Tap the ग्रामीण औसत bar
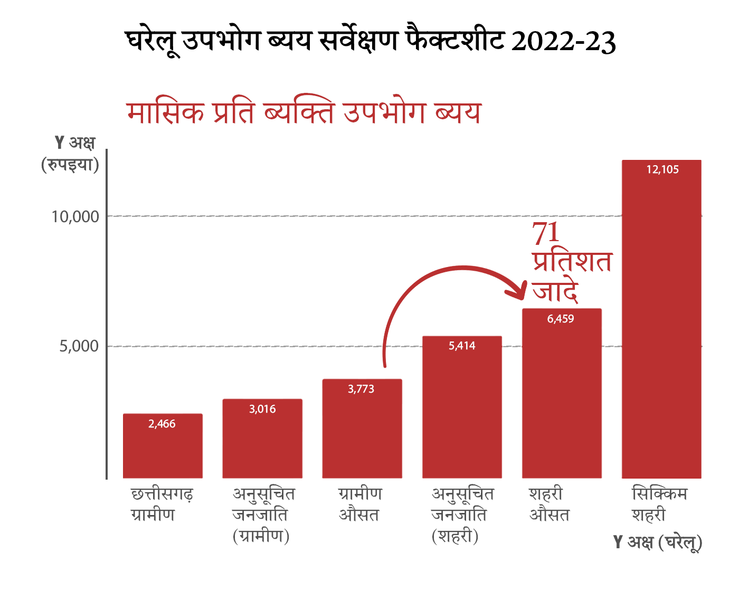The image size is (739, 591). tap(362, 433)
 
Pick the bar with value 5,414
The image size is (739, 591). tap(462, 412)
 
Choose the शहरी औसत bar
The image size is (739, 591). tap(562, 401)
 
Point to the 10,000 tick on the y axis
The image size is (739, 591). tap(75, 216)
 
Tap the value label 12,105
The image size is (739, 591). tap(662, 169)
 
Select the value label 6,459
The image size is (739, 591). tap(561, 319)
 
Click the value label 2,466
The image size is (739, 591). tap(162, 424)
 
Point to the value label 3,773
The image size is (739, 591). tap(361, 389)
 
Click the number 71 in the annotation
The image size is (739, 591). tap(545, 233)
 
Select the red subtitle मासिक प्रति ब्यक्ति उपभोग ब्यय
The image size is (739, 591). tap(304, 112)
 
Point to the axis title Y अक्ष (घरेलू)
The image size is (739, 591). tap(658, 542)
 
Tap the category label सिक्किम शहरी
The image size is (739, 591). tap(659, 504)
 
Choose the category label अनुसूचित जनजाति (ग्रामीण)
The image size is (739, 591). tap(262, 514)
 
